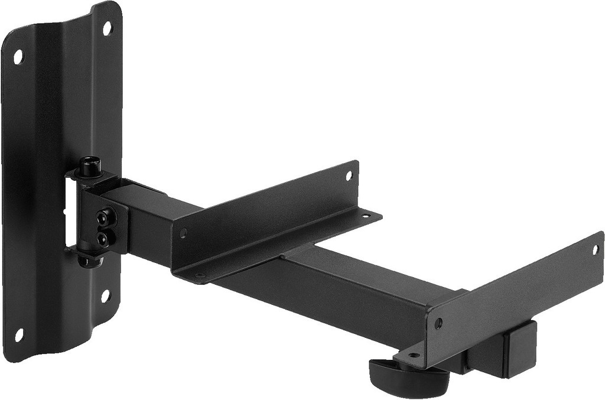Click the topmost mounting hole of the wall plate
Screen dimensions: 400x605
(107, 27)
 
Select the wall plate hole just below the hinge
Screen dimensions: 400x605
(106, 295)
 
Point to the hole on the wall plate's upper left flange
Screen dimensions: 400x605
(18, 57)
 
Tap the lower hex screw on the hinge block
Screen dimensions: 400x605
(103, 239)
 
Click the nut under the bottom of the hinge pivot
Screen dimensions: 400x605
(90, 260)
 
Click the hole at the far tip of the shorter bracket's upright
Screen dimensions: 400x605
(349, 175)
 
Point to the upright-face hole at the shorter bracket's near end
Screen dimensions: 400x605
(183, 233)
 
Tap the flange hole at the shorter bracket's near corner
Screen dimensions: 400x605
(200, 275)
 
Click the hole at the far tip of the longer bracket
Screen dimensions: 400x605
(595, 249)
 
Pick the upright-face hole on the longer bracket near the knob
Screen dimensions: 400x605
(438, 323)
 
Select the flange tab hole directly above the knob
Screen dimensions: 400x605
(412, 355)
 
